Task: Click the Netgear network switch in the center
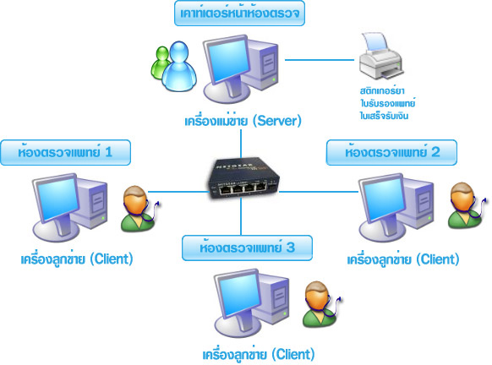(x=243, y=179)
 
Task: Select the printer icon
(x=381, y=56)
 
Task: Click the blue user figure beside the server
(x=179, y=67)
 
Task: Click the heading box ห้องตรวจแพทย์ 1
(x=65, y=152)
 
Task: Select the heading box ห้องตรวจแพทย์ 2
(x=391, y=152)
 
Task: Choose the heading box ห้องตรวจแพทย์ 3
(x=247, y=248)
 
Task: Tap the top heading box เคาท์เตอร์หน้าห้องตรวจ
(x=239, y=14)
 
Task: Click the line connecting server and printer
(x=320, y=60)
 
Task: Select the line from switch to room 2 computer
(x=319, y=191)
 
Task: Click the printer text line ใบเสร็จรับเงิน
(x=384, y=116)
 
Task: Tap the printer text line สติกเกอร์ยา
(x=382, y=91)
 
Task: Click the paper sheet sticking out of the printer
(x=375, y=41)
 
